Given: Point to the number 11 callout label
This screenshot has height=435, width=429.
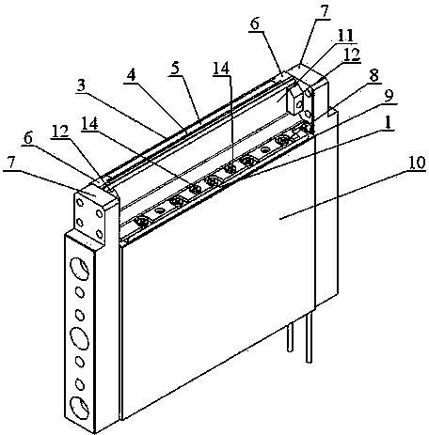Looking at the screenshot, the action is (x=346, y=36).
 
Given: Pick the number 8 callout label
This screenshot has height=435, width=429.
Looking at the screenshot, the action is (x=373, y=75).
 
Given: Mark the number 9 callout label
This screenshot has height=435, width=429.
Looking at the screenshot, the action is (x=389, y=96).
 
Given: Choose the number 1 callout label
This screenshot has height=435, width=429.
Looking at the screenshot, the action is (x=388, y=123).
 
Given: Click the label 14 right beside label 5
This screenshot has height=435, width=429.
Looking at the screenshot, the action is (x=221, y=68).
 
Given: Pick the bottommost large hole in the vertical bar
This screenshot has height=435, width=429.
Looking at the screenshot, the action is (x=79, y=408).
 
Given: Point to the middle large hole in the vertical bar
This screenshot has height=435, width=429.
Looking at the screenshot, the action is (x=79, y=338).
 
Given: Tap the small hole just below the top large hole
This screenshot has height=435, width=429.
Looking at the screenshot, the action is (x=80, y=292).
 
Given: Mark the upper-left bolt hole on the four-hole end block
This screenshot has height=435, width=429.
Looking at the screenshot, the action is (x=80, y=203).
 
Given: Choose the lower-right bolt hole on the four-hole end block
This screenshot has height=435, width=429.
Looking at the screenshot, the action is (x=100, y=234).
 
